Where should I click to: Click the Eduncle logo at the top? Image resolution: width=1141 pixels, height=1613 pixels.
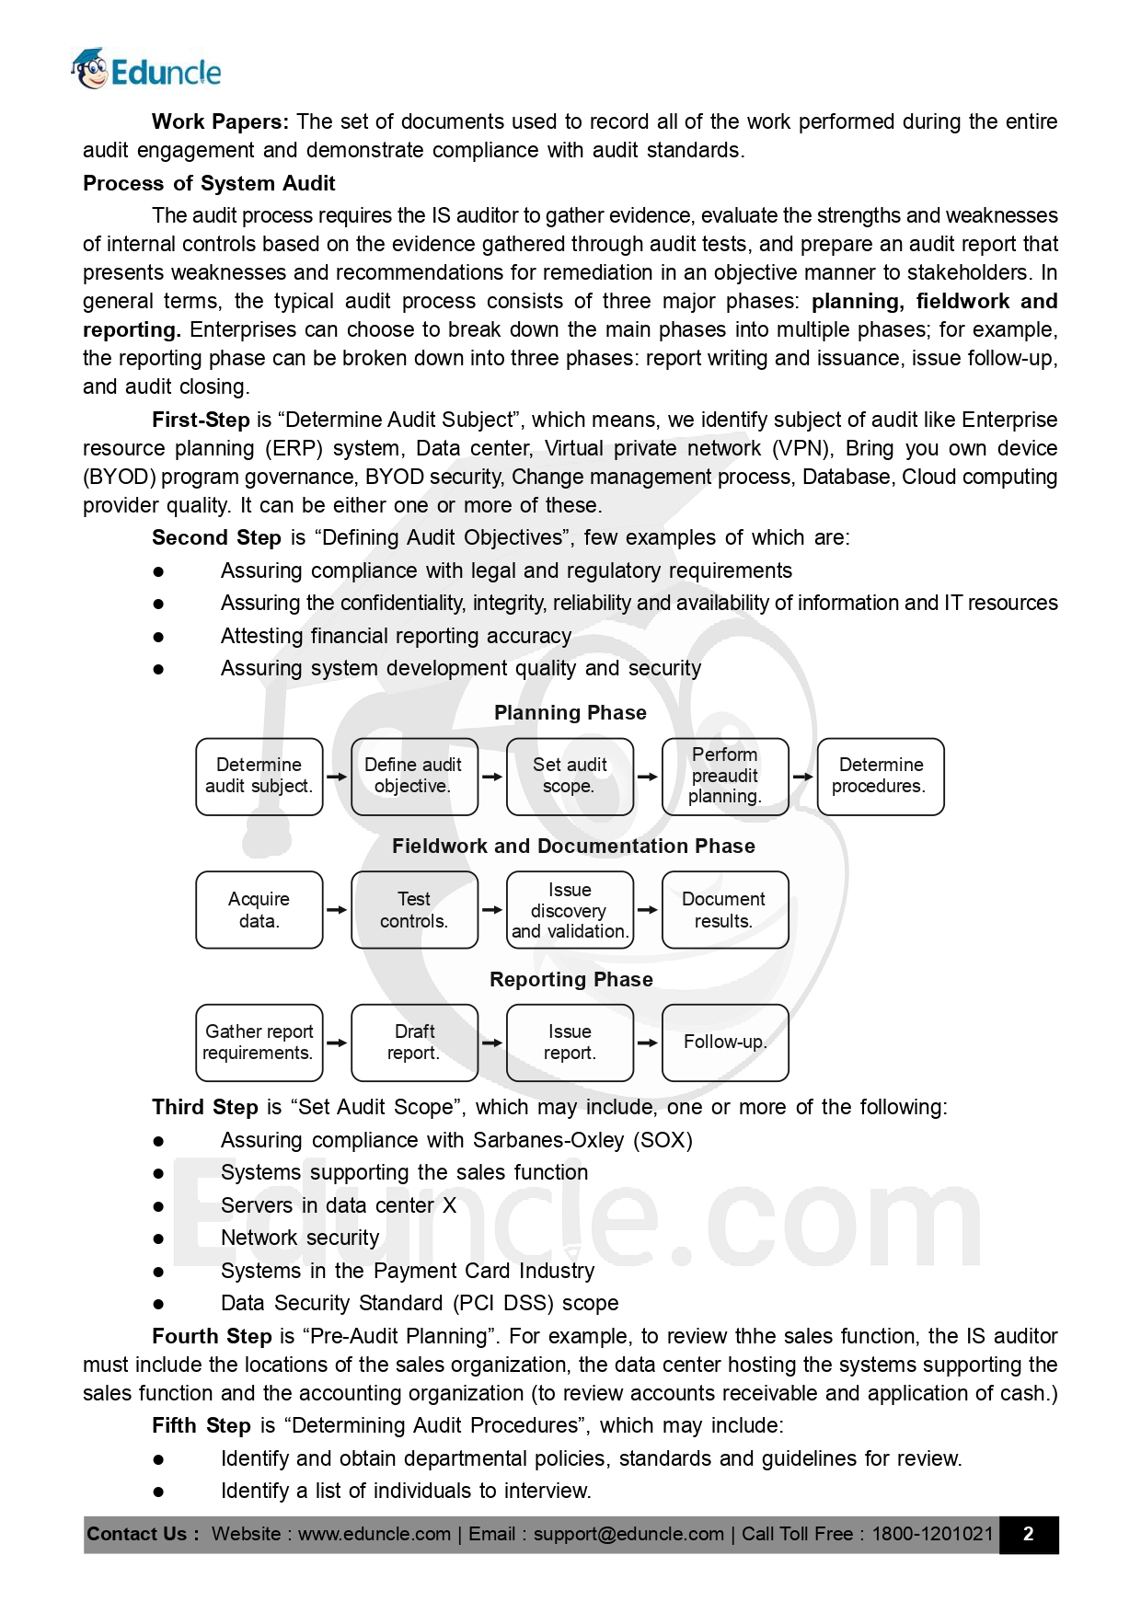coord(147,70)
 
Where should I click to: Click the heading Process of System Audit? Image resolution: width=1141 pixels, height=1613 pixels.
coord(209,183)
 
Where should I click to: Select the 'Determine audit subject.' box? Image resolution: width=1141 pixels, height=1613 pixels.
coord(259,776)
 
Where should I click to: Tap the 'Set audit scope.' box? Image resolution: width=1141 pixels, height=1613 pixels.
coord(570,776)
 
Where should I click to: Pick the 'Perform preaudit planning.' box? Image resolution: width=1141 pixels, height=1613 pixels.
coord(725,776)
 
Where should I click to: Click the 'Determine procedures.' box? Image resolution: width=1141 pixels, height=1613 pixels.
coord(880,776)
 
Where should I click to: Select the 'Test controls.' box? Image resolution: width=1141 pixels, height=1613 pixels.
coord(414,909)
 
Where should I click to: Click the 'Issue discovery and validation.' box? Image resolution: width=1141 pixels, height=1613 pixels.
coord(570,909)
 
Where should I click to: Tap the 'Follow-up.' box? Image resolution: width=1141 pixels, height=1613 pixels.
coord(725,1042)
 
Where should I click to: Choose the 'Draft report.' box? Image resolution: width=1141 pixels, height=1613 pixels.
coord(414,1042)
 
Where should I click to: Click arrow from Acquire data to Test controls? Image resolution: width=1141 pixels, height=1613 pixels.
coord(337,909)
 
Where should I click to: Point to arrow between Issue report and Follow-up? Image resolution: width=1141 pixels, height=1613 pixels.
coord(648,1043)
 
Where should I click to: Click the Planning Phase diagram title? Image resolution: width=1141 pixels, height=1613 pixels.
coord(570,712)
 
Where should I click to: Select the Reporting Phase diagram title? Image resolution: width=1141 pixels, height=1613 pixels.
coord(570,979)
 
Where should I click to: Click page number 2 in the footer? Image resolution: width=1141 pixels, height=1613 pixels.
coord(1028,1534)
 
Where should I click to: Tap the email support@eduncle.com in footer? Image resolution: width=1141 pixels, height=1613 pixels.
coord(628,1534)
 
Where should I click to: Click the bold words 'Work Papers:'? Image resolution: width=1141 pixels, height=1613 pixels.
coord(220,121)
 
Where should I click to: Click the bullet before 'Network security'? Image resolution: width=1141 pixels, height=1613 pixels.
coord(158,1239)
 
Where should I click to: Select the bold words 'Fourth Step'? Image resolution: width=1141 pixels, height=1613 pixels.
coord(212,1336)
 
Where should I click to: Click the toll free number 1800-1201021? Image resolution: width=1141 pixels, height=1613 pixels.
coord(932,1534)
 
